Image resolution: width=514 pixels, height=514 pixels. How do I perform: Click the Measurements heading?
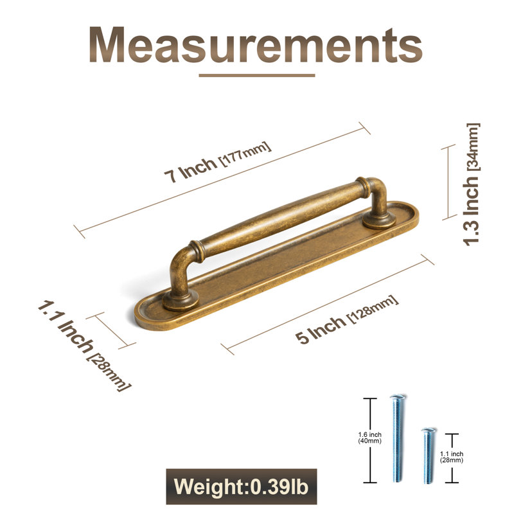click(255, 44)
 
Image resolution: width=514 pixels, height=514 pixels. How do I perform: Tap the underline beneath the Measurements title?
click(257, 75)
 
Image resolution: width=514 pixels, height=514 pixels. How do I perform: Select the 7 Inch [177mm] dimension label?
click(218, 162)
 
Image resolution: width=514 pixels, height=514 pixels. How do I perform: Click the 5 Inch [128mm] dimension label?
click(347, 319)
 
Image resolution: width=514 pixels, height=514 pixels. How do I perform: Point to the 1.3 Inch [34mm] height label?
click(471, 184)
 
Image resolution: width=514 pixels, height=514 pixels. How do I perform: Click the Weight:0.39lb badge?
click(242, 486)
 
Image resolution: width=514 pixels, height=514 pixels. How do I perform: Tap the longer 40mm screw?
click(397, 438)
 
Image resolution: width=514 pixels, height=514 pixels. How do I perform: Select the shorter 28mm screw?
click(429, 456)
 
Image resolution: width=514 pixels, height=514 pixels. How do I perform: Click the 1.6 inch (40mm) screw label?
click(370, 438)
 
